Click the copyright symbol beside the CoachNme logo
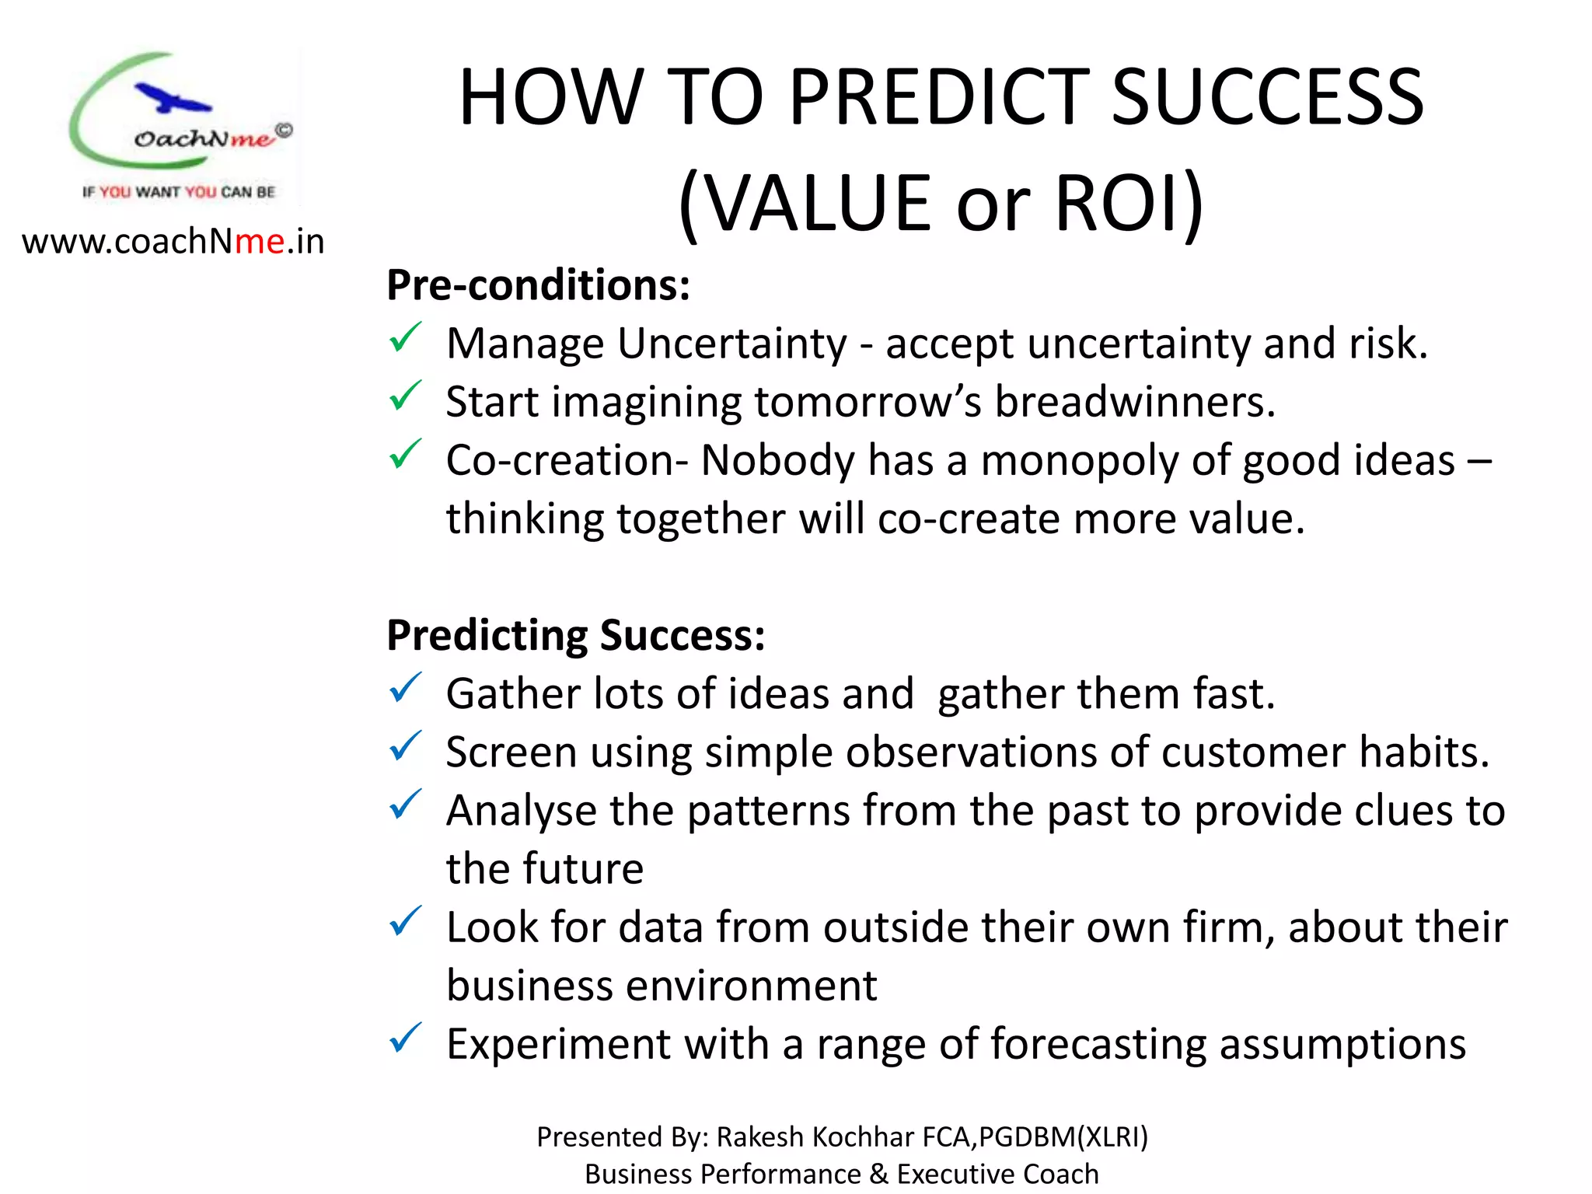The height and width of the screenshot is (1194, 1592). [285, 131]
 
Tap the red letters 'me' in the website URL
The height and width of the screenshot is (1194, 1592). [260, 242]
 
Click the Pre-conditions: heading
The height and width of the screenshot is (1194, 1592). [538, 285]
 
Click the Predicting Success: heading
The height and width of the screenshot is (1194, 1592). [575, 635]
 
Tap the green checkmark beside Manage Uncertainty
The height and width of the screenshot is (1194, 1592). [405, 338]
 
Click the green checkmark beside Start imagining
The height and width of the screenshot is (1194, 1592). [405, 396]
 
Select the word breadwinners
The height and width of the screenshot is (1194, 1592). [1135, 402]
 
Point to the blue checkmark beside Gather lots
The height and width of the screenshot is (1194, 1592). [405, 689]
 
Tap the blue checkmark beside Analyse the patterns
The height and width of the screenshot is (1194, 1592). [405, 805]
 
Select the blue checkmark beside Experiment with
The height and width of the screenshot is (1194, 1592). [405, 1039]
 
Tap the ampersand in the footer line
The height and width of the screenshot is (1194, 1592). [878, 1174]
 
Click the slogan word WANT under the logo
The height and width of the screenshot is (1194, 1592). [158, 192]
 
